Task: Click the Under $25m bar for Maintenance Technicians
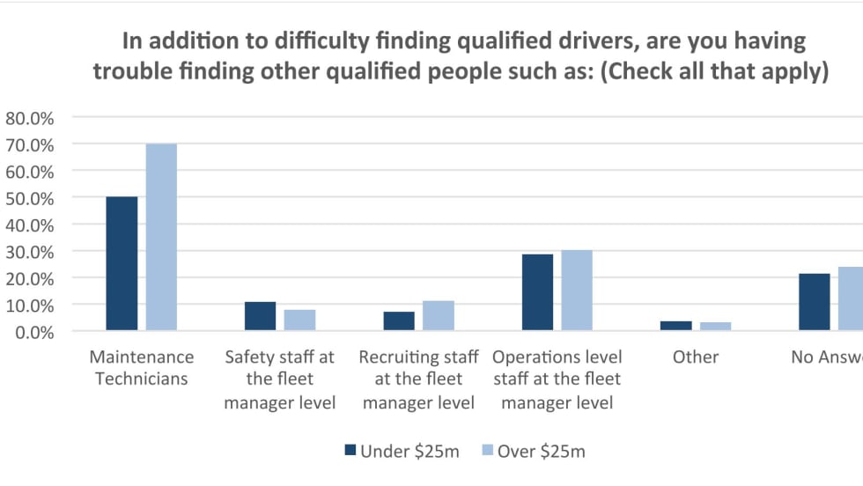pos(122,263)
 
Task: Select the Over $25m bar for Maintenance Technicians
pos(161,237)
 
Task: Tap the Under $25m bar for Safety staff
pos(260,316)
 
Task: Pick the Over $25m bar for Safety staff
pos(299,320)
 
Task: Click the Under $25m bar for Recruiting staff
pos(398,321)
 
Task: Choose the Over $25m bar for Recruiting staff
pos(438,316)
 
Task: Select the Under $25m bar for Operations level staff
pos(537,292)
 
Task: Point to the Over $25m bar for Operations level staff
pos(577,291)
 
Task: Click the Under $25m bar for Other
pos(675,326)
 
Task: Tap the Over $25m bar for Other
pos(715,327)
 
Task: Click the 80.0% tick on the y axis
pos(30,117)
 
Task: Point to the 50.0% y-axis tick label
pos(30,198)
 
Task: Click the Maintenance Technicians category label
pos(141,368)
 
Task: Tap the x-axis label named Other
pos(696,357)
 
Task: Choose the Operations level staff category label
pos(557,379)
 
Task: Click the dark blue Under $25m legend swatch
pos(350,451)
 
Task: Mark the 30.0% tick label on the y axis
pos(30,252)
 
